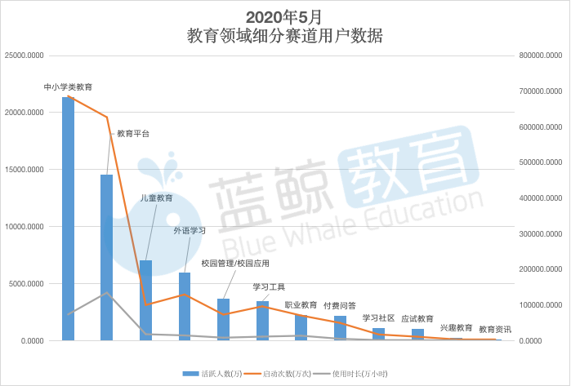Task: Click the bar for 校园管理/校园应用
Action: (223, 320)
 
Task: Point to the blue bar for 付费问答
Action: (340, 328)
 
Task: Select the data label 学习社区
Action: (378, 318)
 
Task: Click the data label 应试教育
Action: (417, 320)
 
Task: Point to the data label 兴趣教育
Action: (457, 327)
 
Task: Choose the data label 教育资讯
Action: (495, 329)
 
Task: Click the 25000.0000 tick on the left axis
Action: (24, 55)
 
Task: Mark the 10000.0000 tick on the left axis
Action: (24, 227)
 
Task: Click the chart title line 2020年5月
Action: (284, 16)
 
